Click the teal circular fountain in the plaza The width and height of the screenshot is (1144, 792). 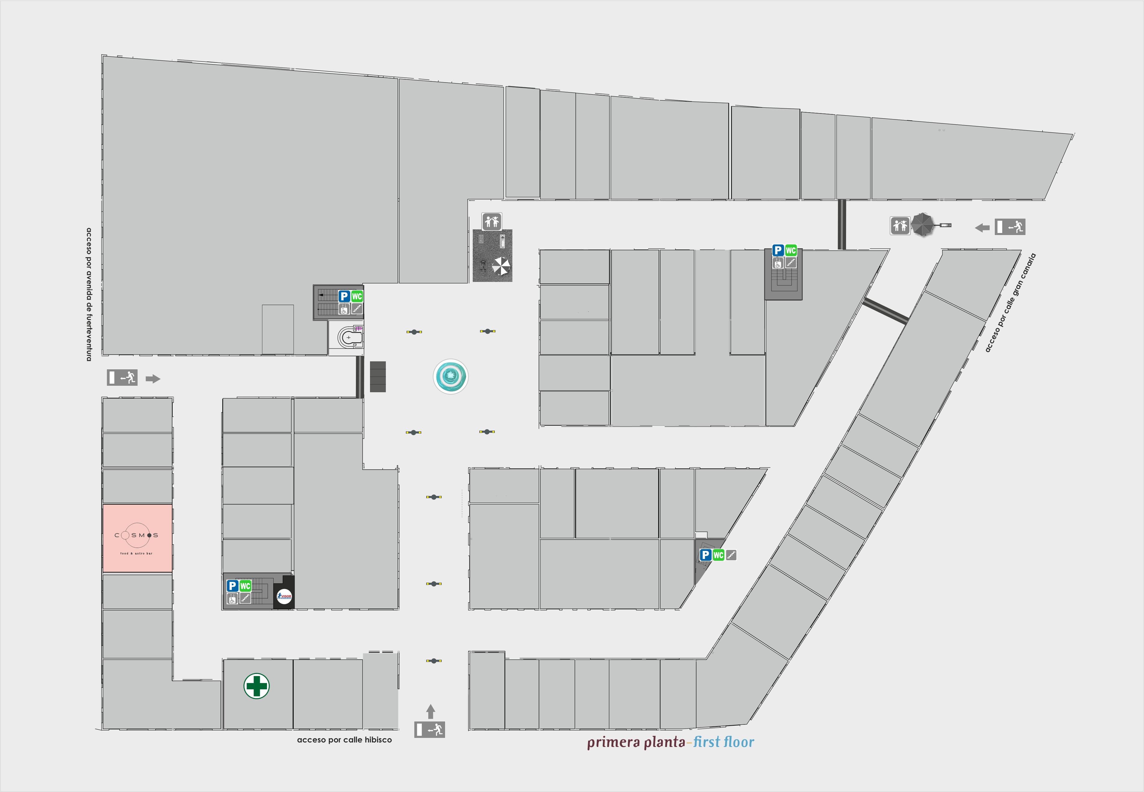pos(450,377)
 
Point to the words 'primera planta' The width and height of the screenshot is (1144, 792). pos(636,742)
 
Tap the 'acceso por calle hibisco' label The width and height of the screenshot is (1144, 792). pos(344,740)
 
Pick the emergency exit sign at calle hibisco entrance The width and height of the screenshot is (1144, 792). pos(430,730)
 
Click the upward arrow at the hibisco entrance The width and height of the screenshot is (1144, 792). pos(430,711)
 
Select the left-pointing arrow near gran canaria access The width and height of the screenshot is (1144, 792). pos(982,228)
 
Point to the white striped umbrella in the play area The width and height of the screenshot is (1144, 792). pos(501,266)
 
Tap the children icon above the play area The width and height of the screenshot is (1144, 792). pos(491,221)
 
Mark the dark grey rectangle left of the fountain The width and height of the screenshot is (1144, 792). pos(378,377)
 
